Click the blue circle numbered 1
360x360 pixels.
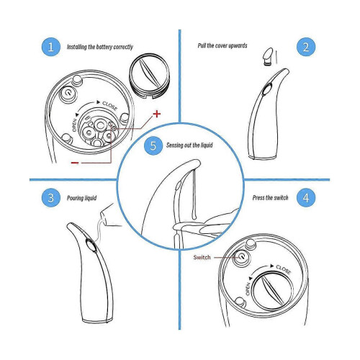50,47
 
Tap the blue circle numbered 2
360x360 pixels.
306,47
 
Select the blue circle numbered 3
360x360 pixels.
50,198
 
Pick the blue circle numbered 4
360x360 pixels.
306,198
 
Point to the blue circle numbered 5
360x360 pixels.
153,145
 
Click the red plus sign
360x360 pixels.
157,114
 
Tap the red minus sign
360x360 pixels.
75,163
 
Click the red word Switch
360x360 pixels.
202,257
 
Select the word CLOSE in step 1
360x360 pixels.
109,106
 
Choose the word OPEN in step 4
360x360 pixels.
248,289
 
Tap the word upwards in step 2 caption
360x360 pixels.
238,45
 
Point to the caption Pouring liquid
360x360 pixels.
81,198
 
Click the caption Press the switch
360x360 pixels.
270,198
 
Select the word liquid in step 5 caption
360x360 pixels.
207,145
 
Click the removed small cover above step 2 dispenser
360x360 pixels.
268,56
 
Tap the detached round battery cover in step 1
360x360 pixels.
149,76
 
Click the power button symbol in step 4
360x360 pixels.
241,257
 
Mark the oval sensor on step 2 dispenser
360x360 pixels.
266,89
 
